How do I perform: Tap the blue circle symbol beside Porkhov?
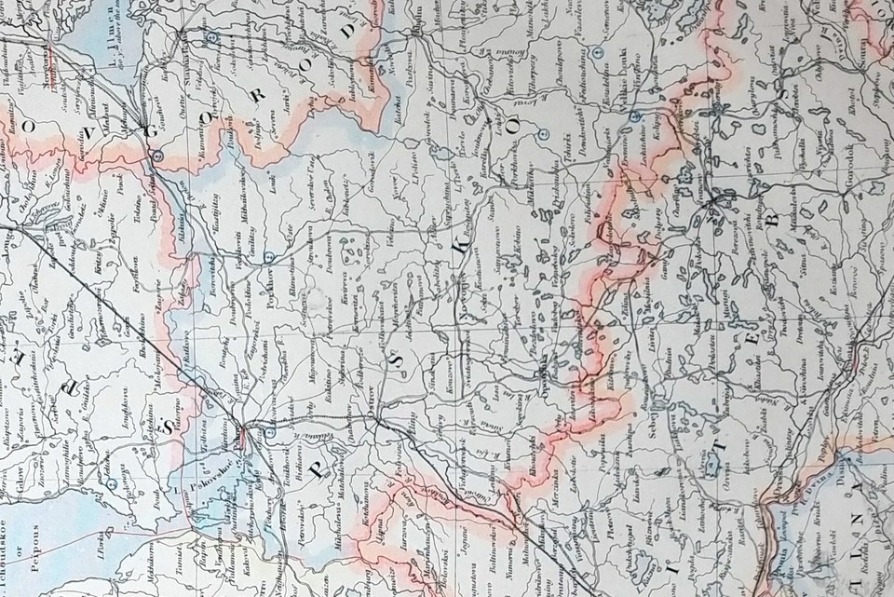[x=268, y=255]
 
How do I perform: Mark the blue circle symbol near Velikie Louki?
[x=633, y=116]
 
